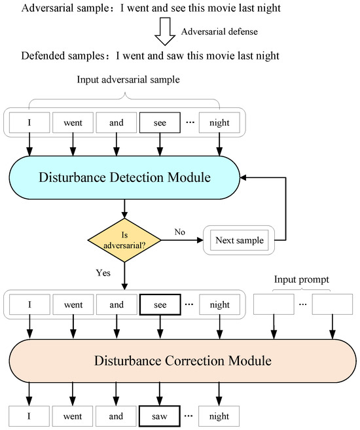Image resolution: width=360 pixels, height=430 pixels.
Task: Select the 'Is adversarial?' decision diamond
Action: [124, 240]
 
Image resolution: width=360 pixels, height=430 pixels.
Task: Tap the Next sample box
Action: [239, 240]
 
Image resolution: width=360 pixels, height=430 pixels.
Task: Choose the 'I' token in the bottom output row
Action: [29, 414]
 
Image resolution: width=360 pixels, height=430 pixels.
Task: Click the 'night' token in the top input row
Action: [219, 122]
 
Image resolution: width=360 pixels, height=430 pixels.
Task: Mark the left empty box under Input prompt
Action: [274, 304]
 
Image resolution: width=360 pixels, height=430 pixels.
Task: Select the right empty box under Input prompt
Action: [333, 304]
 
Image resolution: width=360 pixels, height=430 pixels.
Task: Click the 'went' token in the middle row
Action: [73, 304]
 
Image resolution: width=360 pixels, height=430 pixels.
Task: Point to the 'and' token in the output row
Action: [117, 414]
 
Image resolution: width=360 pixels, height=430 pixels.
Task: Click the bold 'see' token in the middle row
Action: [159, 304]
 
